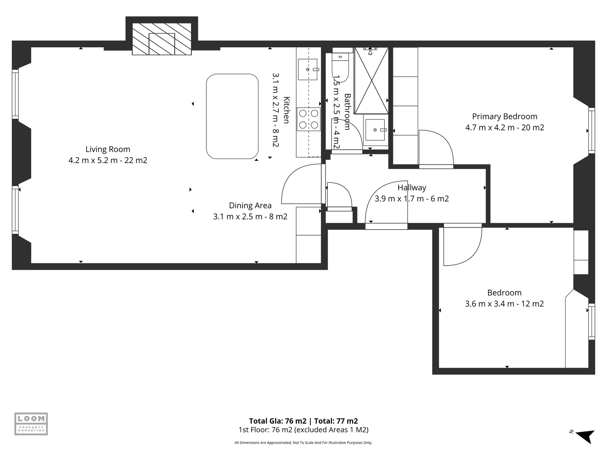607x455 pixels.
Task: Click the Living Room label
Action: point(108,149)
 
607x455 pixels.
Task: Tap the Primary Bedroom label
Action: point(505,116)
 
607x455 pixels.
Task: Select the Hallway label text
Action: point(412,188)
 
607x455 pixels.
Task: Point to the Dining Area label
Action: point(250,205)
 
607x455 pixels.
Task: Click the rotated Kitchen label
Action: point(287,110)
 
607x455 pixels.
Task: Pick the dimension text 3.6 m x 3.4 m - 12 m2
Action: point(504,304)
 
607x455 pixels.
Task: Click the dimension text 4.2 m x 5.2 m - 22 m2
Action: point(108,160)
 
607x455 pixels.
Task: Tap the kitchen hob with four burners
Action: point(309,119)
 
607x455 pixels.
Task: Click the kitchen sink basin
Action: point(308,69)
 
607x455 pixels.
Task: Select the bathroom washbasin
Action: point(375,130)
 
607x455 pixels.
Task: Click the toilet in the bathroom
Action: point(341,66)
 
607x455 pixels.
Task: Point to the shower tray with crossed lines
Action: point(371,80)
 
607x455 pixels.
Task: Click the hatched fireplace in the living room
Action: point(162,39)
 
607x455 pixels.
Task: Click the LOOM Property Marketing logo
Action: point(31,424)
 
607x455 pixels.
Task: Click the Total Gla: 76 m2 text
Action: point(278,421)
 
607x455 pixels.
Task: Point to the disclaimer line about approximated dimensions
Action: point(303,442)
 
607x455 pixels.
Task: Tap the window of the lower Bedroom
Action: point(592,322)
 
